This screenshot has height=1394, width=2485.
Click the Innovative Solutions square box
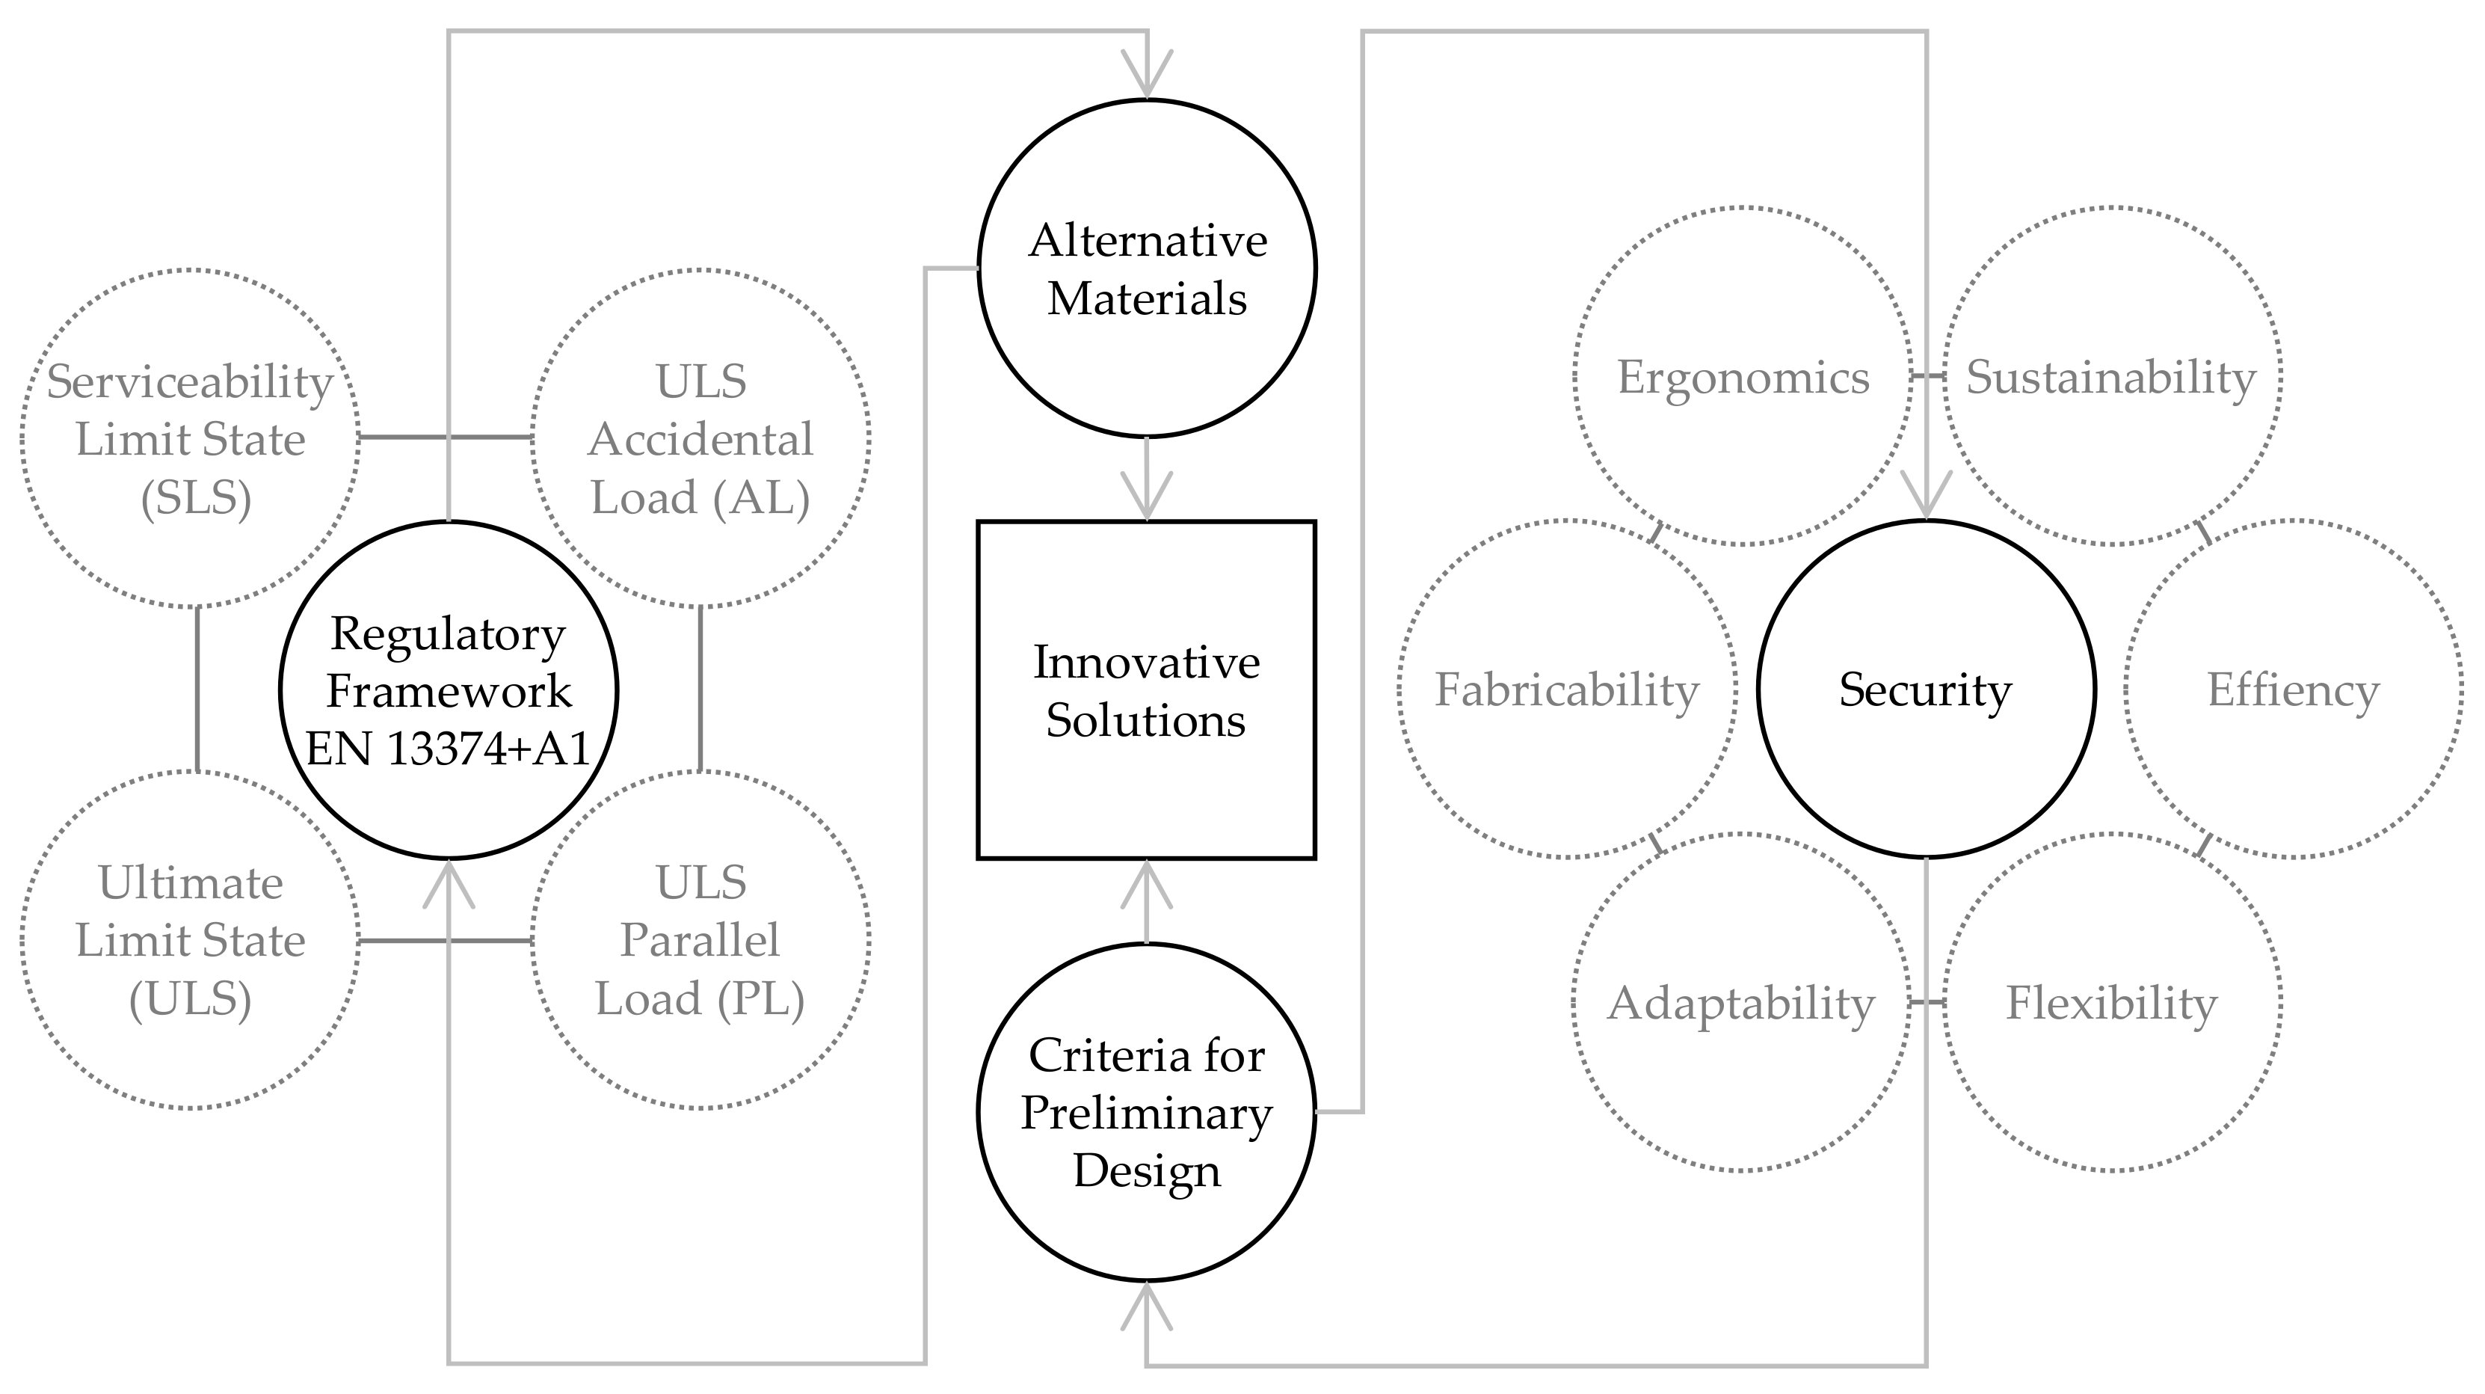pyautogui.click(x=1146, y=690)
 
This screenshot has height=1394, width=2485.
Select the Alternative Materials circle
pyautogui.click(x=1146, y=268)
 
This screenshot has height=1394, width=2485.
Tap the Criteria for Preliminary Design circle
pyautogui.click(x=1146, y=1111)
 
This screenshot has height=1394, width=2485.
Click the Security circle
pyautogui.click(x=1926, y=690)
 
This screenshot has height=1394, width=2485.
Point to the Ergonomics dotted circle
pyautogui.click(x=1742, y=376)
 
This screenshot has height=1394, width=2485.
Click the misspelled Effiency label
pyautogui.click(x=2293, y=691)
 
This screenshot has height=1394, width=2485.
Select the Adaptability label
pyautogui.click(x=1740, y=1004)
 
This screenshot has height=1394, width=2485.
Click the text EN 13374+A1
pyautogui.click(x=448, y=749)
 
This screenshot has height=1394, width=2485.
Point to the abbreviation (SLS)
pyautogui.click(x=196, y=498)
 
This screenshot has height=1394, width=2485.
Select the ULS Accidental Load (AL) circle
pyautogui.click(x=700, y=439)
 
